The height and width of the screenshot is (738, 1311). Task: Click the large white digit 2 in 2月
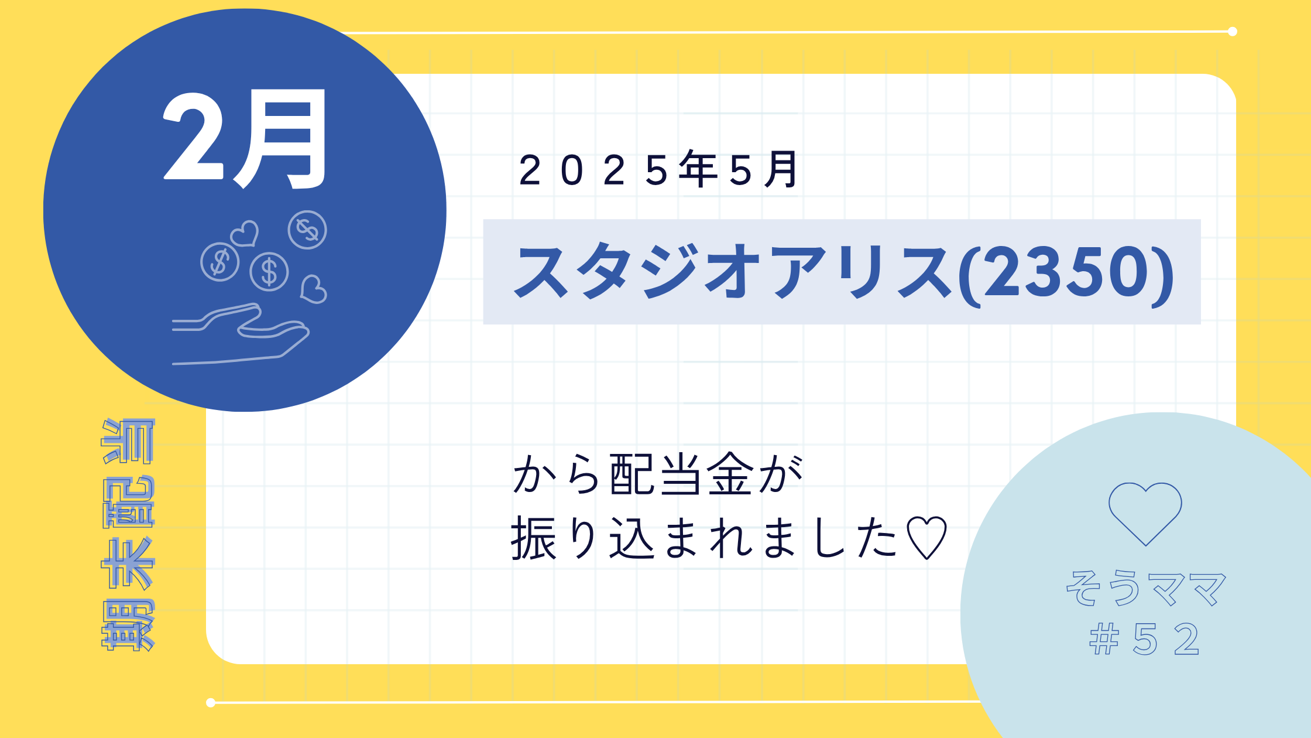coord(193,136)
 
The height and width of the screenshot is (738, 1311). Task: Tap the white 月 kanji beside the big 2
coord(280,139)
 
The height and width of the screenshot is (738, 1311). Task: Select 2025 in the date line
coord(593,171)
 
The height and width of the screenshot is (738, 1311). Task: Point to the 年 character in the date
coord(698,170)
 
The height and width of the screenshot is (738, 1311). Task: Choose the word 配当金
coord(681,475)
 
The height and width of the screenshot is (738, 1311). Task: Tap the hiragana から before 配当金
coord(556,475)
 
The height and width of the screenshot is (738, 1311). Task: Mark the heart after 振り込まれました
coord(926,538)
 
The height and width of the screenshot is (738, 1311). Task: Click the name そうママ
coord(1145,588)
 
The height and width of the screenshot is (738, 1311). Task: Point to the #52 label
coord(1144,639)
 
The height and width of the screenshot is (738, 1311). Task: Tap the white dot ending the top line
coord(1232,32)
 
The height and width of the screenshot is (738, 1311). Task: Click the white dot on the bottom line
coord(211,703)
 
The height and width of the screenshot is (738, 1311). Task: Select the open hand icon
coord(241,334)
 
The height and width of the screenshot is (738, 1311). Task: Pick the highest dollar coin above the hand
coord(307,230)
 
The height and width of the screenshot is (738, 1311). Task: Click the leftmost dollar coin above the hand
coord(219,262)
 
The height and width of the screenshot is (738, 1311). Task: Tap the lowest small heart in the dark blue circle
coord(313,289)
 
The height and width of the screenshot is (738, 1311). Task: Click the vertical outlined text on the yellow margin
coord(128,534)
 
